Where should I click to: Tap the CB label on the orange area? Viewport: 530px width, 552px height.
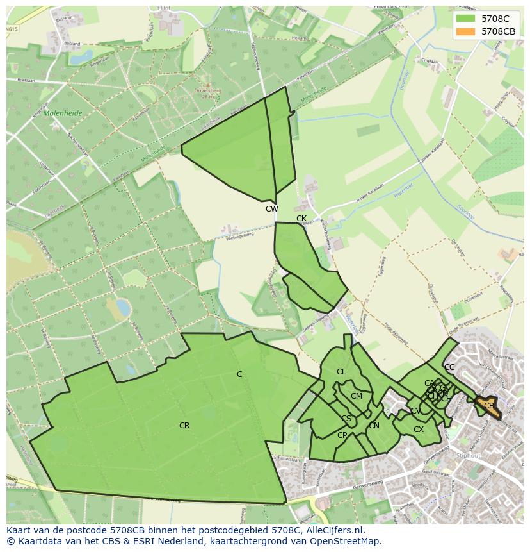click(x=489, y=406)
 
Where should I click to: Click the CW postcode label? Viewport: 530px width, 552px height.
click(x=272, y=209)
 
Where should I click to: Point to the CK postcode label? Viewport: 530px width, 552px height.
click(x=301, y=219)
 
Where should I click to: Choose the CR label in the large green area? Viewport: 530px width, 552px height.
click(x=184, y=426)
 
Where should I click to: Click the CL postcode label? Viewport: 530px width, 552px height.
click(x=341, y=372)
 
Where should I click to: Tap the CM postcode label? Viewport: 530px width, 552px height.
click(x=357, y=396)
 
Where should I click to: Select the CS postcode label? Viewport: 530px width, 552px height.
click(x=346, y=419)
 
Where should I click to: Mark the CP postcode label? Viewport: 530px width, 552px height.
click(x=342, y=435)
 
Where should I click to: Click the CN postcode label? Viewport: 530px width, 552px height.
click(x=374, y=426)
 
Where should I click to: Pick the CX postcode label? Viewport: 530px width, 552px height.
click(x=419, y=430)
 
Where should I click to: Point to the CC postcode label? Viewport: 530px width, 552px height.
click(x=449, y=367)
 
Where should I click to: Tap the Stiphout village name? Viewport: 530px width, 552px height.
click(x=469, y=456)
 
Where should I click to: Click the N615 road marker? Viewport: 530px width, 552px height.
click(x=13, y=29)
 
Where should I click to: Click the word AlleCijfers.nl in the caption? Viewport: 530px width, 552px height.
click(x=333, y=531)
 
